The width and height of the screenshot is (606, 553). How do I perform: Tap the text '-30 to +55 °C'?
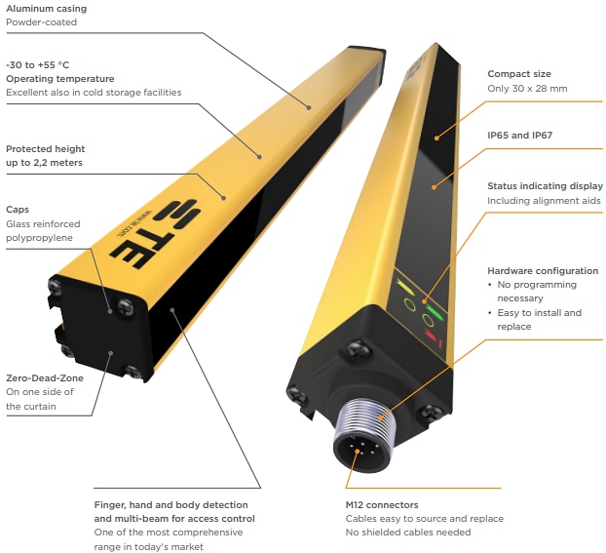37,64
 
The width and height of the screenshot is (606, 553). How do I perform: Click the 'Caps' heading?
18,209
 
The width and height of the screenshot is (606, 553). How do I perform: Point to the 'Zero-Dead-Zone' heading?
45,378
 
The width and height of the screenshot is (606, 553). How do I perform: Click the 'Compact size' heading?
519,74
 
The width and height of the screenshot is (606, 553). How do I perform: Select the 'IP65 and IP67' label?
519,137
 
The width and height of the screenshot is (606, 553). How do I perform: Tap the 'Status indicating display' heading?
545,185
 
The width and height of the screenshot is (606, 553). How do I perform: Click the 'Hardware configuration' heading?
543,270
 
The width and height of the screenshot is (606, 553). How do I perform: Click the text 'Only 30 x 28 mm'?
527,89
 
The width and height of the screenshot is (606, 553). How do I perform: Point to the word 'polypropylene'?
39,238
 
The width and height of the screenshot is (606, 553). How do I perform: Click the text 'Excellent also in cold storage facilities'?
93,93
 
